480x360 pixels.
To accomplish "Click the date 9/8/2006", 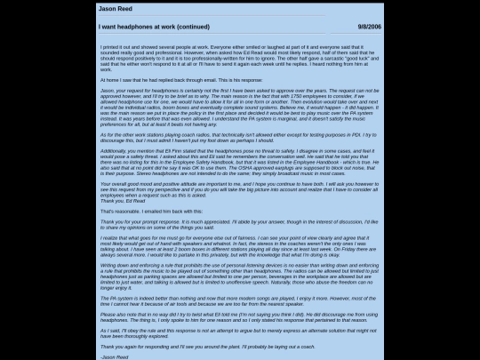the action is pos(369,28).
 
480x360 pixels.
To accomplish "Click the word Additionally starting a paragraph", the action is pos(116,151).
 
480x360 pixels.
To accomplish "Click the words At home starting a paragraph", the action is pos(108,79).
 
